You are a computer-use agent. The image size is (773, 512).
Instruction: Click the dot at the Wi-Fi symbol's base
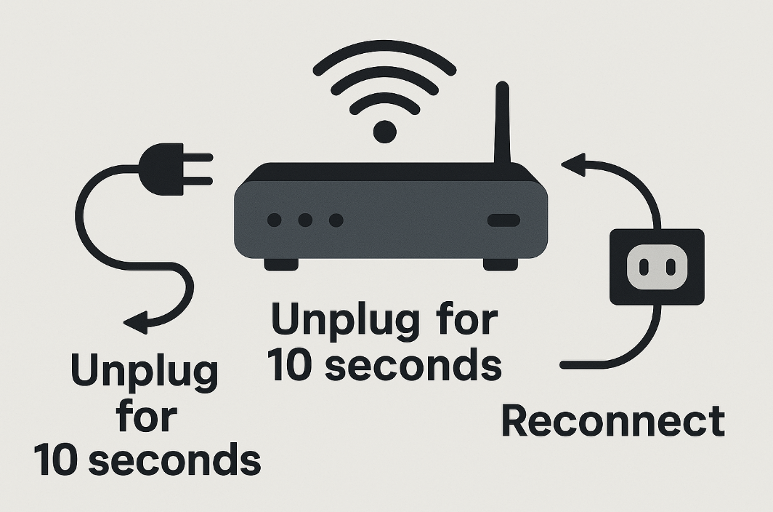pos(384,132)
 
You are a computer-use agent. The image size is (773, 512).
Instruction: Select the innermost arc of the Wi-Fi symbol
pos(384,101)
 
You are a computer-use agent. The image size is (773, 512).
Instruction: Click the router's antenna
pos(502,124)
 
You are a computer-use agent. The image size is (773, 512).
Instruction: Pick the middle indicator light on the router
pos(305,220)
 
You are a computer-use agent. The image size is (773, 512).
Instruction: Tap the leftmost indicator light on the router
pos(275,220)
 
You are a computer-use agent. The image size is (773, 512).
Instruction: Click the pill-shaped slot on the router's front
pos(503,220)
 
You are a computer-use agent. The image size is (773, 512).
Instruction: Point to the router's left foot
pos(280,264)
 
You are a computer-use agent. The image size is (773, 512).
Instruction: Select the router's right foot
pos(501,264)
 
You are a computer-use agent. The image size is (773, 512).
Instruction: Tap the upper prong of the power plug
pos(198,156)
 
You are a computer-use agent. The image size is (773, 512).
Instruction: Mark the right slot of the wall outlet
pos(668,267)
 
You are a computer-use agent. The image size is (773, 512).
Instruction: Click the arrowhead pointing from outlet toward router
pos(573,165)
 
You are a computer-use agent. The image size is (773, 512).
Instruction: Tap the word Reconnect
pos(613,421)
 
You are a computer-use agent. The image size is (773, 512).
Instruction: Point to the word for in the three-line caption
pos(145,417)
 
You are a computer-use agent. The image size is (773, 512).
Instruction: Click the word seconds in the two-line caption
pos(412,366)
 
